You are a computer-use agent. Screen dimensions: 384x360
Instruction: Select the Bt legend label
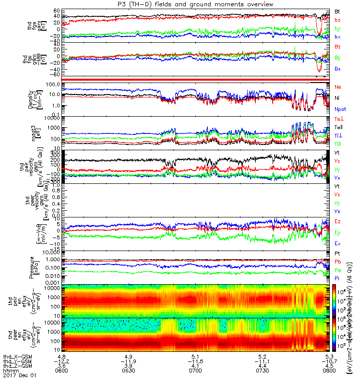pos(337,11)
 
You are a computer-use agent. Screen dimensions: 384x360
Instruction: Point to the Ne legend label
pos(337,86)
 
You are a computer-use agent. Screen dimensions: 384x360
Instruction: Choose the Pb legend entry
pos(337,262)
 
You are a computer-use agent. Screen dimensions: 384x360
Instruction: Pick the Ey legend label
pos(337,232)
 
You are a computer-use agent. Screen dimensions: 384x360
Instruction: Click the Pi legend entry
pos(337,277)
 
